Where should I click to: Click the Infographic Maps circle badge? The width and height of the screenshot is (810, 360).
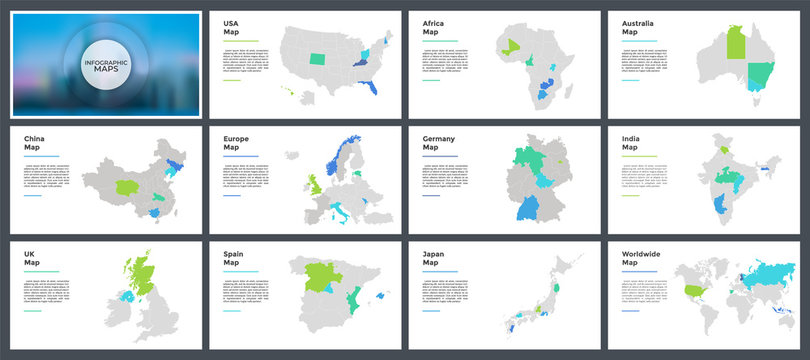click(104, 60)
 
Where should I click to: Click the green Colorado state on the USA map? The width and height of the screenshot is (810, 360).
click(317, 59)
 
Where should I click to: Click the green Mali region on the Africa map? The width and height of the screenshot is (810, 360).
click(512, 44)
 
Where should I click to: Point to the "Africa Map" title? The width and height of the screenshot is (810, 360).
click(433, 27)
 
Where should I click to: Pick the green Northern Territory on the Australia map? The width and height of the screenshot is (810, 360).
click(735, 42)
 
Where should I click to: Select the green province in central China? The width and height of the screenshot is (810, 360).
click(129, 186)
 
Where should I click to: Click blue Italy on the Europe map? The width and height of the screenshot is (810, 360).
click(343, 213)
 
